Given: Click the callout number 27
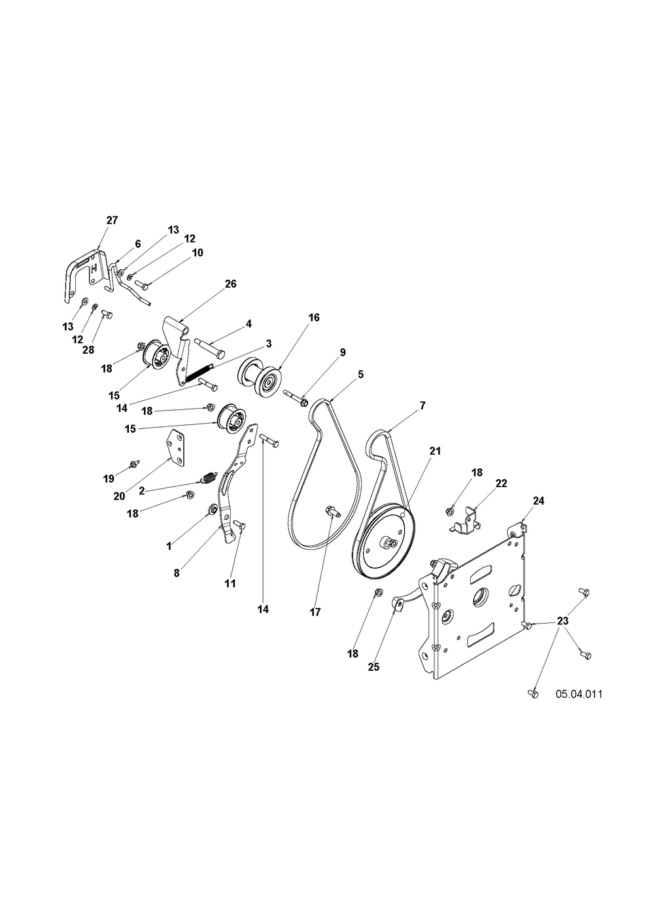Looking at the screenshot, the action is click(x=112, y=220).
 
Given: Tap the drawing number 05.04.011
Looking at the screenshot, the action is click(x=579, y=694).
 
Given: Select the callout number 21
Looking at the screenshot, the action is click(x=435, y=451).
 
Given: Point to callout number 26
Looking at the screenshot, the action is click(x=231, y=284).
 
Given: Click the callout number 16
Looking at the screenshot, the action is click(x=314, y=317).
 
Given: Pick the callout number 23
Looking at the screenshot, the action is click(x=563, y=620).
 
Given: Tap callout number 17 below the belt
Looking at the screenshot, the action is click(x=315, y=612).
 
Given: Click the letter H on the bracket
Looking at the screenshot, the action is click(x=94, y=269).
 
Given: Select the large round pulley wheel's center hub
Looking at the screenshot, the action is click(x=390, y=543).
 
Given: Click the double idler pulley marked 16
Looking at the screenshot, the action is click(x=260, y=375).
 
